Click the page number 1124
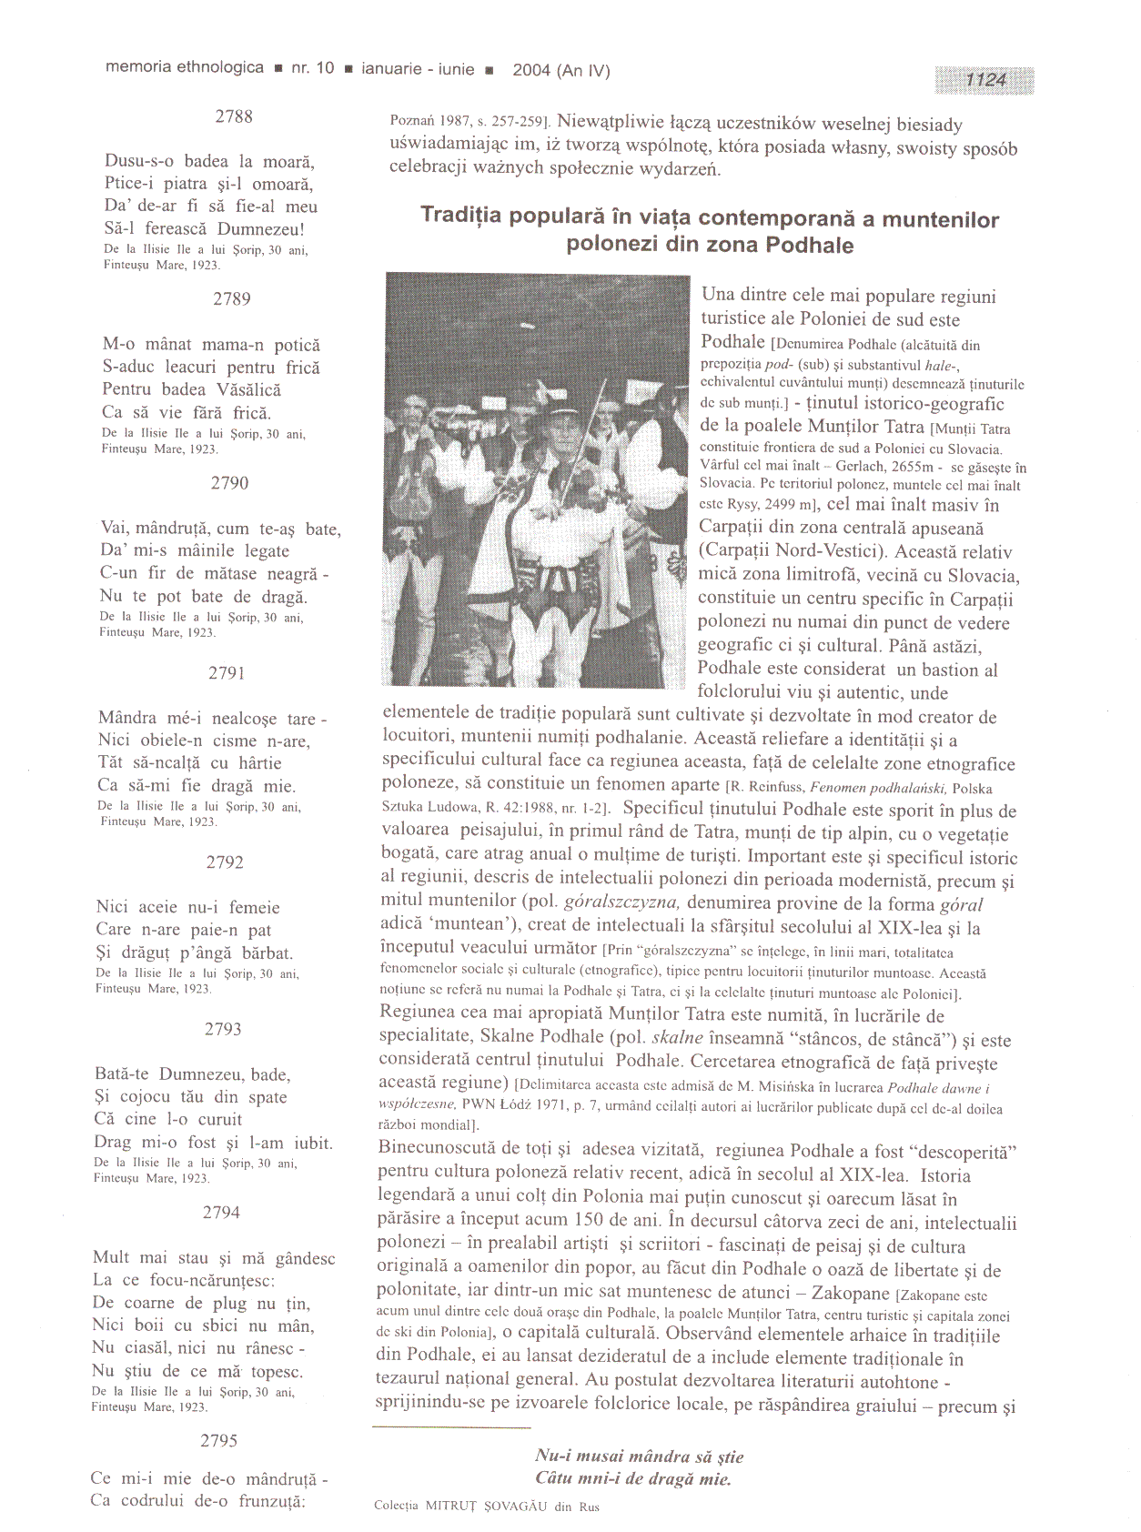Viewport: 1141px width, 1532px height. (x=985, y=80)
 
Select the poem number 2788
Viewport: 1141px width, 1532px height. (x=234, y=116)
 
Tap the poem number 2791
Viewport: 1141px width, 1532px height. (x=227, y=673)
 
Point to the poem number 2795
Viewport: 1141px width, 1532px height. (x=218, y=1440)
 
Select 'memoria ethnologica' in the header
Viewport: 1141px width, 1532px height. (x=185, y=67)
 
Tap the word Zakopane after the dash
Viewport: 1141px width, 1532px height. (x=848, y=1293)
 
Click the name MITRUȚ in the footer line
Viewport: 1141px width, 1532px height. (x=457, y=1507)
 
